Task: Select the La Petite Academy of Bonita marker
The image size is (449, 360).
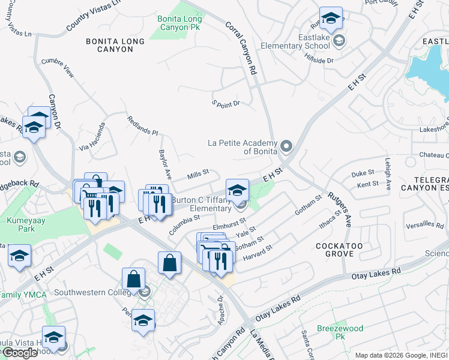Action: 286,146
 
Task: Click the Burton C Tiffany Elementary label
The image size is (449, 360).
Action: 201,204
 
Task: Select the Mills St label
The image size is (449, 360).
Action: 197,173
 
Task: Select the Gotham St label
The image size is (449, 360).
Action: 309,205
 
